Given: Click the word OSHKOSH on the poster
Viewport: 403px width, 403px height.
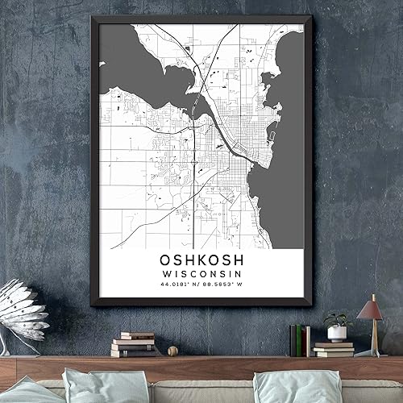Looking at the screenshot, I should [x=198, y=261].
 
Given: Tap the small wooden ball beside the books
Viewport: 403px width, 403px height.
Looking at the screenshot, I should [x=172, y=351].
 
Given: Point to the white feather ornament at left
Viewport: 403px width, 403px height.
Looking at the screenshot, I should [x=23, y=310].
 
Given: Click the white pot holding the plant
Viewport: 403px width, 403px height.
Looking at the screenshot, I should [x=337, y=333].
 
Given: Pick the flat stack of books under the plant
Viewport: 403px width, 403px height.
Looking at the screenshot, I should [x=334, y=348].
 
